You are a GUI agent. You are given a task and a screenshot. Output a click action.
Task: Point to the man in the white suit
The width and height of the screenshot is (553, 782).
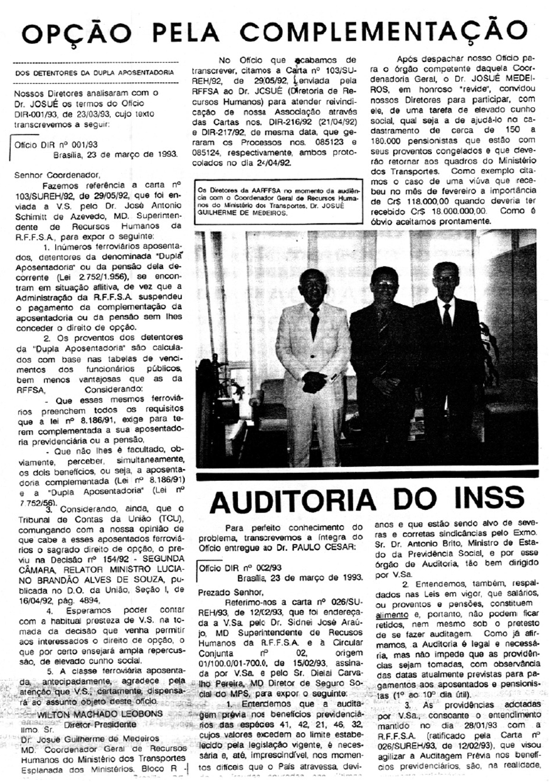tap(313, 359)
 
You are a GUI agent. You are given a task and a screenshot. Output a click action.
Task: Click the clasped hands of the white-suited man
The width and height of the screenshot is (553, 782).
tap(315, 382)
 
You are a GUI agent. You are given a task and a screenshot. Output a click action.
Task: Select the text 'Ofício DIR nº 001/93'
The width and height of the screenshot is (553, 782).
tap(57, 145)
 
